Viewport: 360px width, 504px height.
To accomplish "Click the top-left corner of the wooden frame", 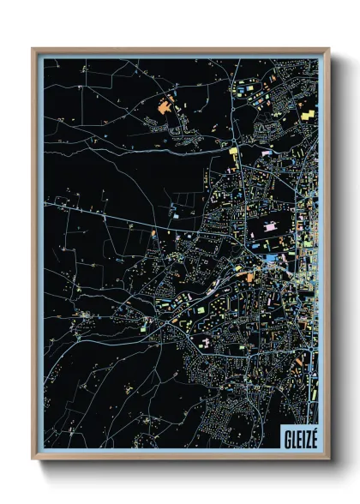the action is click(x=33, y=49).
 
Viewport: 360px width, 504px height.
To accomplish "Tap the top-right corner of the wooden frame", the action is click(x=328, y=49).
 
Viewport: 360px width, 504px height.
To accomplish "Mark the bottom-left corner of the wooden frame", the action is click(x=33, y=459).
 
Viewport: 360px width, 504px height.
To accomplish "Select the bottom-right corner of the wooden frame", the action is click(x=328, y=459).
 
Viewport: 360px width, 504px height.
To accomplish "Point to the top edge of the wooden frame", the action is click(x=180, y=50).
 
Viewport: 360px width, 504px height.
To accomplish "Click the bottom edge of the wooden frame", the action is click(x=180, y=458).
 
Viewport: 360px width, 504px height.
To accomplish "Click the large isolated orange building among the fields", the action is click(x=165, y=108).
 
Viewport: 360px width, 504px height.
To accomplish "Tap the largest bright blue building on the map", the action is click(x=272, y=258).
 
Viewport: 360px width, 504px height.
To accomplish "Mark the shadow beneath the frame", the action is click(x=184, y=468).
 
